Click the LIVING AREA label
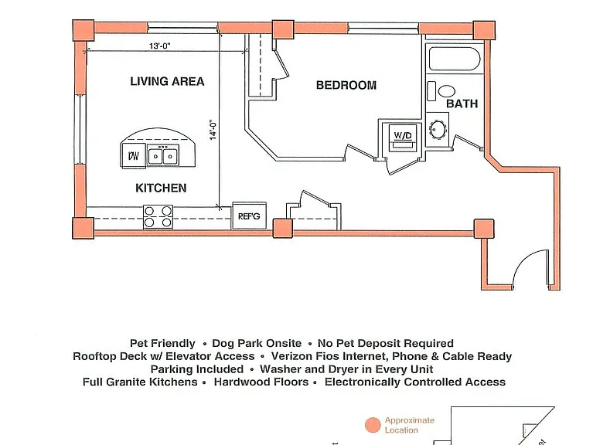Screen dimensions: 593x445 (167, 81)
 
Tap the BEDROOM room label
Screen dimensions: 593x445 (346, 85)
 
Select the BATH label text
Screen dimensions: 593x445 (462, 104)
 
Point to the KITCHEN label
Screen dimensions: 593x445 (161, 188)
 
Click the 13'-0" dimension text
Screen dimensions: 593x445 (160, 46)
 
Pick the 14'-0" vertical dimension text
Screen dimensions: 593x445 (213, 131)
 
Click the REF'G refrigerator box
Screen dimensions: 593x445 (249, 216)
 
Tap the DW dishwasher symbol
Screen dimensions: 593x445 (134, 155)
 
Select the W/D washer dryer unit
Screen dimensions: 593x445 (403, 138)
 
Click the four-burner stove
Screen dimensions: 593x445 (158, 217)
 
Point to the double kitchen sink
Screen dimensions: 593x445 (162, 155)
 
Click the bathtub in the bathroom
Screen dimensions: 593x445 (455, 59)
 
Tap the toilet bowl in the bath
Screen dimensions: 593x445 (446, 91)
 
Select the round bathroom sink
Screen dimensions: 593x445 (438, 130)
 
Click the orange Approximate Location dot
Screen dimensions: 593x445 (373, 425)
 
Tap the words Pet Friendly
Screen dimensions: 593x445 (162, 343)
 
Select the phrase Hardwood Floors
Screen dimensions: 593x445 (261, 382)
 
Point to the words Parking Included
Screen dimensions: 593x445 (197, 369)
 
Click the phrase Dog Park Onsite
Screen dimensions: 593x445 (257, 343)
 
